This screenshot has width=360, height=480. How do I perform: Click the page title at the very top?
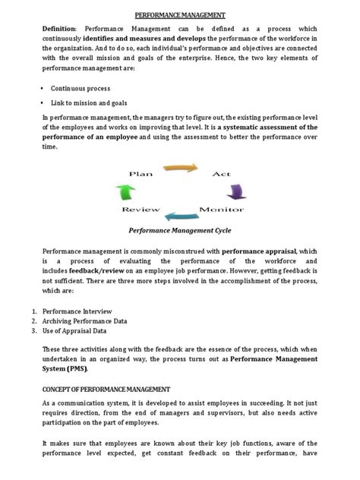click(179, 14)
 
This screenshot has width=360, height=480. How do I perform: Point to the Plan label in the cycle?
click(141, 174)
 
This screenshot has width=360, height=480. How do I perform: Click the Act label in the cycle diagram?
click(221, 174)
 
